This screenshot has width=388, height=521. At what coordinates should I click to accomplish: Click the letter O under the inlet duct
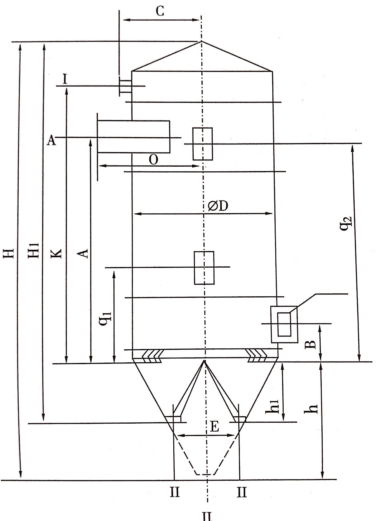(153, 160)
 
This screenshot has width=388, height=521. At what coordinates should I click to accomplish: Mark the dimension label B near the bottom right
(311, 345)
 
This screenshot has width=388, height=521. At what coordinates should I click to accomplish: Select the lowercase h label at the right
(312, 408)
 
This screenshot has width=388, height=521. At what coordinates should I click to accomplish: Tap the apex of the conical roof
(201, 41)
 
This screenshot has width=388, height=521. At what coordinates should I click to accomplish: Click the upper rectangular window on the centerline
(203, 144)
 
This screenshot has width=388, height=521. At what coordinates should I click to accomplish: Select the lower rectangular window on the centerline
(204, 268)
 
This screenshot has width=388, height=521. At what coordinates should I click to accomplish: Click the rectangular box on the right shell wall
(284, 324)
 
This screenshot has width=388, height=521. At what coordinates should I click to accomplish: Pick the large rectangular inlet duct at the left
(134, 137)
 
